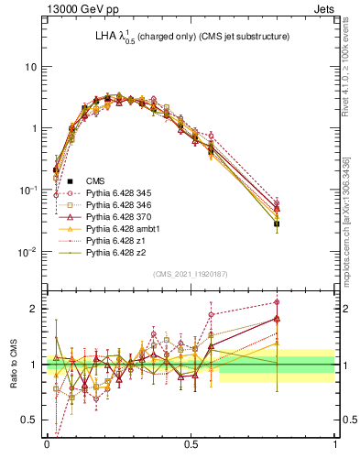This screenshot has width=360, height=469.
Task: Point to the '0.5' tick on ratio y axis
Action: [32, 420]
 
